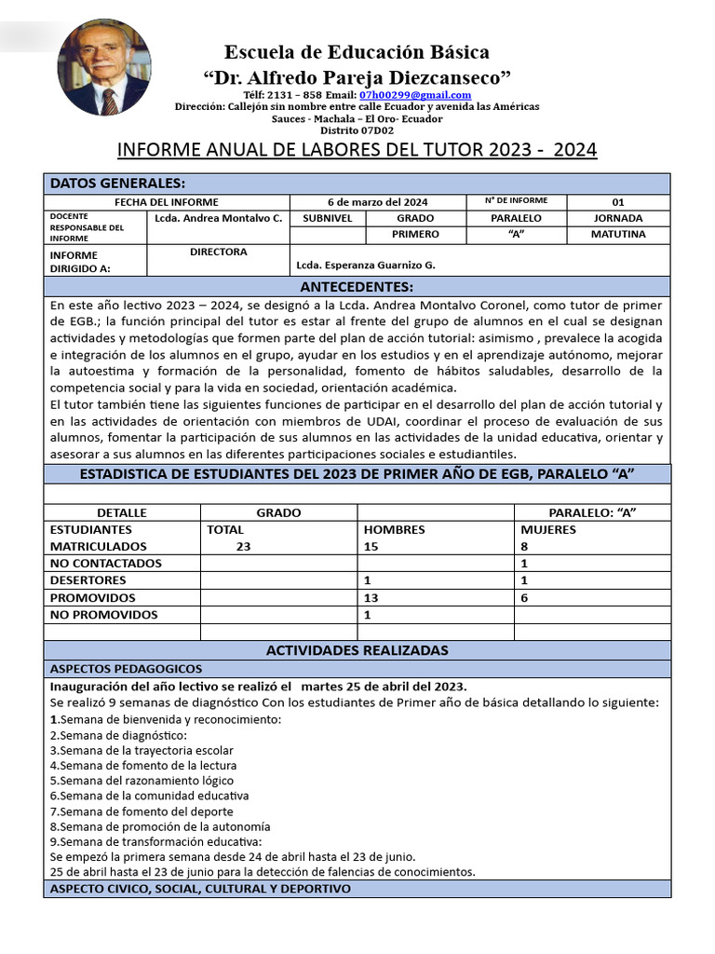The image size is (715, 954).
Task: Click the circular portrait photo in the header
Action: (104, 67)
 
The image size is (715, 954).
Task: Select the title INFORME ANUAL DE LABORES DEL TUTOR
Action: (357, 150)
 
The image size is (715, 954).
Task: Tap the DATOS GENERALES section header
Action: (117, 183)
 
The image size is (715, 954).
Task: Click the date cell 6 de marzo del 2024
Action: (377, 202)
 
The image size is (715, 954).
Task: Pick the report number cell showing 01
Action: (618, 202)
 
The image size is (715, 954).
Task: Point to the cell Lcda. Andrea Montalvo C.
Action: (219, 218)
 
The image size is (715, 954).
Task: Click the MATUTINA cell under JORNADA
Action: (618, 235)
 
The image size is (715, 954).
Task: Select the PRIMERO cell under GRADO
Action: (415, 235)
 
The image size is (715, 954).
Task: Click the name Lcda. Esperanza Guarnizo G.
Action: (365, 265)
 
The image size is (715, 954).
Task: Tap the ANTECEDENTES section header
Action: (357, 286)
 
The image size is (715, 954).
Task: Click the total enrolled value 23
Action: (243, 547)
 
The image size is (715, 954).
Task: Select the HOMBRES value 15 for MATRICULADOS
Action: (371, 547)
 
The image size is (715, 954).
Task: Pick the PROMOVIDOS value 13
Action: (371, 598)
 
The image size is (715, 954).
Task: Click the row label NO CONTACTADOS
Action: (105, 564)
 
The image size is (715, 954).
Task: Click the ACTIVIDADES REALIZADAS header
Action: (357, 650)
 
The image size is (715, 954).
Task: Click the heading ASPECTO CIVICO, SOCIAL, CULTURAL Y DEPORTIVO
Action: (200, 889)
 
